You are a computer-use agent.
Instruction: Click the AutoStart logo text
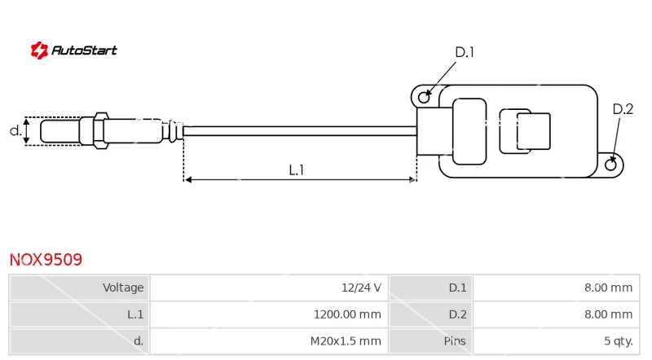click(x=84, y=50)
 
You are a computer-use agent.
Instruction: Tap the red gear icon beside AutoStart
click(x=39, y=50)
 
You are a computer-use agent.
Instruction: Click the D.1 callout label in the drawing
click(x=465, y=52)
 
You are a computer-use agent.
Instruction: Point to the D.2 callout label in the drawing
click(x=623, y=109)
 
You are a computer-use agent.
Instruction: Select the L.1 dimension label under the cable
click(x=297, y=170)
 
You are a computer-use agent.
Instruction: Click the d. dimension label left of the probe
click(x=15, y=131)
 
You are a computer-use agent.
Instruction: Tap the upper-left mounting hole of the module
click(x=424, y=97)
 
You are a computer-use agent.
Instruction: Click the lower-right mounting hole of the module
click(x=610, y=165)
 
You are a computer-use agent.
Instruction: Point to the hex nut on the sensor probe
click(x=100, y=130)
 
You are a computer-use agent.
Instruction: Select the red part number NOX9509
click(x=46, y=260)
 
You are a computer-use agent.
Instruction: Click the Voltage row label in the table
click(x=123, y=288)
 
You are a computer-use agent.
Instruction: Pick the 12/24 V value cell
click(x=361, y=288)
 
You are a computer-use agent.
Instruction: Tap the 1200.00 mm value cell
click(x=347, y=314)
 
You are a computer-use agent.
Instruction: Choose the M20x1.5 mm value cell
click(x=346, y=341)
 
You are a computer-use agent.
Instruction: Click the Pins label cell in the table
click(x=455, y=341)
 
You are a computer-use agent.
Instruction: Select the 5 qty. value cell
click(x=619, y=341)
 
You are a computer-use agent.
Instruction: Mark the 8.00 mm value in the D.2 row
click(x=608, y=314)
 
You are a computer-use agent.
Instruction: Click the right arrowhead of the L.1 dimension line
click(x=412, y=179)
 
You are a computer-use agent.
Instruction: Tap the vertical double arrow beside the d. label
click(x=27, y=131)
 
